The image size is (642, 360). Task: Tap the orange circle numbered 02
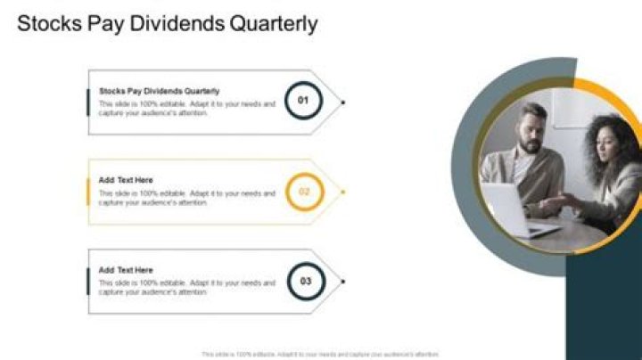pyautogui.click(x=303, y=192)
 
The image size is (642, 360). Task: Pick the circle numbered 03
pyautogui.click(x=306, y=282)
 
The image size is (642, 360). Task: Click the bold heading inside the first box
pyautogui.click(x=159, y=90)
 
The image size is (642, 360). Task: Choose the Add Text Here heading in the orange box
pyautogui.click(x=126, y=180)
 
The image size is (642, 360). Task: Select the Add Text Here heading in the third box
pyautogui.click(x=126, y=270)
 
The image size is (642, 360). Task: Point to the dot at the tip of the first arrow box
pyautogui.click(x=343, y=102)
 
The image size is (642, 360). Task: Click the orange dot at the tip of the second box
pyautogui.click(x=343, y=192)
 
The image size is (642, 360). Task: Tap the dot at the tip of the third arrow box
pyautogui.click(x=343, y=282)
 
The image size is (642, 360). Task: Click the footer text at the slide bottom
pyautogui.click(x=321, y=354)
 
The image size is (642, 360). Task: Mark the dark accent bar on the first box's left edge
pyautogui.click(x=87, y=102)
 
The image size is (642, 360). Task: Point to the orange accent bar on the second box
pyautogui.click(x=87, y=192)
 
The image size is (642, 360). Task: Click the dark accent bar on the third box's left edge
pyautogui.click(x=87, y=282)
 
